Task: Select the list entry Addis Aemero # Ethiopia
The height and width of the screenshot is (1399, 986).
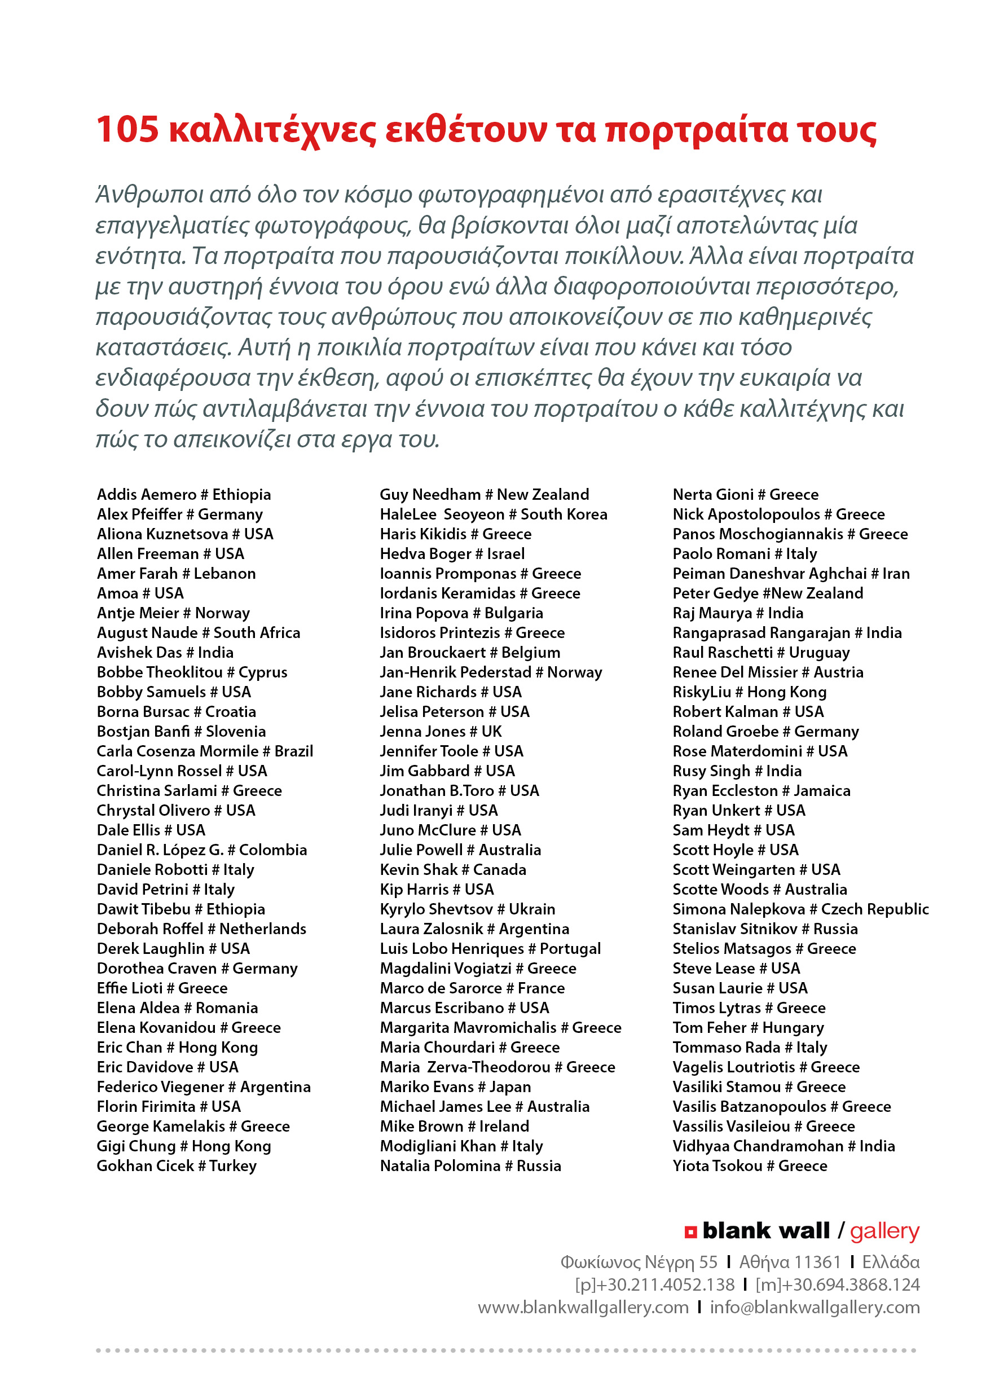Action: (183, 494)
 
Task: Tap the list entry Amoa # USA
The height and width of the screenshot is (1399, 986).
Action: (140, 593)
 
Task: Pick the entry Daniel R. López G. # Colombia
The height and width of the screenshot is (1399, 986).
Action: (202, 850)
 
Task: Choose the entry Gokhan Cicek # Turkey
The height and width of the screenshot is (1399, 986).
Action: (177, 1165)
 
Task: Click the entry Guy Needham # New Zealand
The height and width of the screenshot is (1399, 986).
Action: (484, 494)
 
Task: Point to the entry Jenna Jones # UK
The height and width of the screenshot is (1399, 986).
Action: (441, 731)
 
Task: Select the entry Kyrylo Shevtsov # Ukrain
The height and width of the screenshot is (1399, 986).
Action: (468, 909)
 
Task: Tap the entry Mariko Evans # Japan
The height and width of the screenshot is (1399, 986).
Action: (455, 1086)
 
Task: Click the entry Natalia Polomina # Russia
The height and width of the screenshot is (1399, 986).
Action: (470, 1165)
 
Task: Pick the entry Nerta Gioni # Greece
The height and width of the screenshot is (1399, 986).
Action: (745, 494)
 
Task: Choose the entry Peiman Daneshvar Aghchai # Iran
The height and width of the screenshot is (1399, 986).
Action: (790, 573)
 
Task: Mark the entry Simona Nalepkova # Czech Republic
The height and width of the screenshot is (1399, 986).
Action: (800, 909)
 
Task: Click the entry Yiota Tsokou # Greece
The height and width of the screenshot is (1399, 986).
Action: (750, 1165)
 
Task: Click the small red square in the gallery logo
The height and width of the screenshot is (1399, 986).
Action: (690, 1232)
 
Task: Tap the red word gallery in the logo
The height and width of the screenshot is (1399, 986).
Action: (884, 1231)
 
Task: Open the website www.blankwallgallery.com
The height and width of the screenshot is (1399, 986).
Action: (583, 1307)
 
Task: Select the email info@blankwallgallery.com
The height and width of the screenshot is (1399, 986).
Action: (814, 1307)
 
